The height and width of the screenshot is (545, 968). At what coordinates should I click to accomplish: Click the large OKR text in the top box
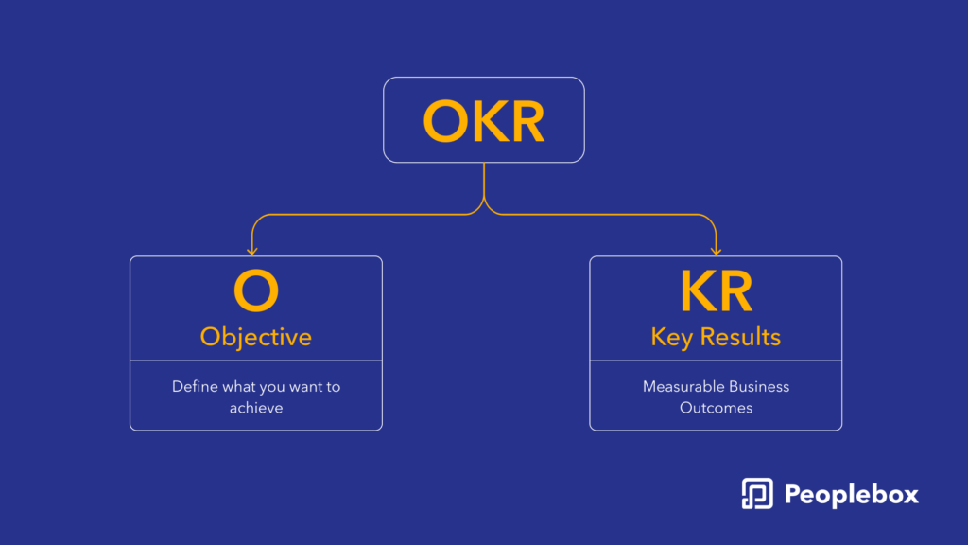[484, 121]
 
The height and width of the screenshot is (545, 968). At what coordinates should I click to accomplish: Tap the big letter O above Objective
[256, 290]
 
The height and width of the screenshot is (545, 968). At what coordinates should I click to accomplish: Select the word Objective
[256, 338]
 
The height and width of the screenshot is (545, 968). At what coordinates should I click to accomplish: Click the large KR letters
[717, 291]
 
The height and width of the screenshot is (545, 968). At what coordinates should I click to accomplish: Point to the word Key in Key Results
[672, 338]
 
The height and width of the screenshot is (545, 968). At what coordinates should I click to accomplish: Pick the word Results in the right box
[740, 338]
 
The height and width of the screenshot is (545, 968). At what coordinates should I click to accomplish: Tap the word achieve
[256, 408]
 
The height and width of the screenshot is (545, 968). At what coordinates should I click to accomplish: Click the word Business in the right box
[759, 387]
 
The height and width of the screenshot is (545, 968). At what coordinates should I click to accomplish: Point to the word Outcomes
[717, 408]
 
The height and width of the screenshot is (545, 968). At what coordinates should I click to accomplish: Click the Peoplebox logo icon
[757, 494]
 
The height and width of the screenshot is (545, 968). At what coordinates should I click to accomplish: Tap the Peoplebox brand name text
[852, 495]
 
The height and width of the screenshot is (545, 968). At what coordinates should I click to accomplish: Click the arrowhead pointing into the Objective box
[251, 250]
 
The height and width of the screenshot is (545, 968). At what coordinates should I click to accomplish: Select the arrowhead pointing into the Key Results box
[717, 250]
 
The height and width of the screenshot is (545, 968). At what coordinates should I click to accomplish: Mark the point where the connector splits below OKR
[484, 197]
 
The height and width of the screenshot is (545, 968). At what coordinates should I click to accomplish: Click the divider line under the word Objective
[256, 360]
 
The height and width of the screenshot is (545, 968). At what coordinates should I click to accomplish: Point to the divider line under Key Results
[717, 360]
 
